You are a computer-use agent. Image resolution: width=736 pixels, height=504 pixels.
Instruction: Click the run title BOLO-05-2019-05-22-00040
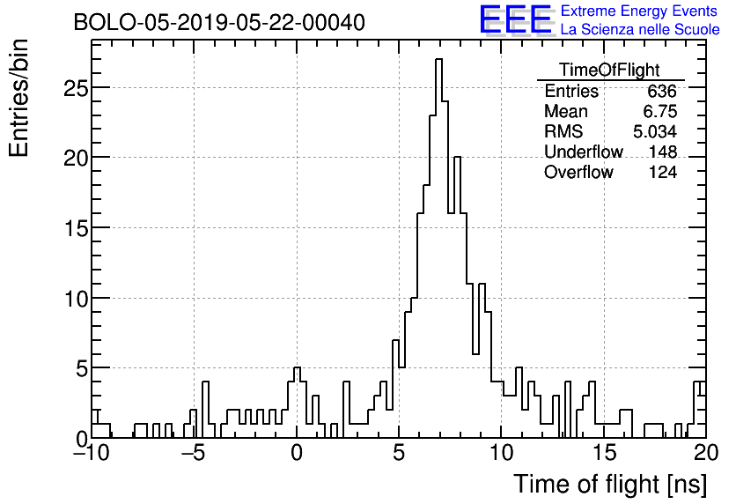[x=219, y=21]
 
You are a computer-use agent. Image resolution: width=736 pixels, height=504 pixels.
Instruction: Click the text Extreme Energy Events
[x=639, y=11]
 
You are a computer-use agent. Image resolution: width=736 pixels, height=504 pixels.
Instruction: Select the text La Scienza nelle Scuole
[x=639, y=30]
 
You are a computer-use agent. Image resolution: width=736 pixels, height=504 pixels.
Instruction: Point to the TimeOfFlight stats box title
[x=609, y=70]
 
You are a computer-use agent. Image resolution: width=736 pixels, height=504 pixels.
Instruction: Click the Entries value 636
[x=661, y=92]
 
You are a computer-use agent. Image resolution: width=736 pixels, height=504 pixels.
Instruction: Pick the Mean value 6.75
[x=659, y=112]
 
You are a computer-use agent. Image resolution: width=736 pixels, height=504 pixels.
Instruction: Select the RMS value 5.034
[x=655, y=132]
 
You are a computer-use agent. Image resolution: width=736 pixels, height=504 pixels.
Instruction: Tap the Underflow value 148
[x=662, y=152]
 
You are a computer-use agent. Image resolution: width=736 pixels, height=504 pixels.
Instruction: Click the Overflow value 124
[x=662, y=173]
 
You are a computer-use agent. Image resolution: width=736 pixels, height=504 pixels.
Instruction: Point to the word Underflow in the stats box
[x=583, y=152]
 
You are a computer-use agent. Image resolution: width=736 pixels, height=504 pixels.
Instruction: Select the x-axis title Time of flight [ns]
[x=610, y=484]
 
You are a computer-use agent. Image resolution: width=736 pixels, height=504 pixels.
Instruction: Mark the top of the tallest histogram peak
[x=438, y=60]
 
